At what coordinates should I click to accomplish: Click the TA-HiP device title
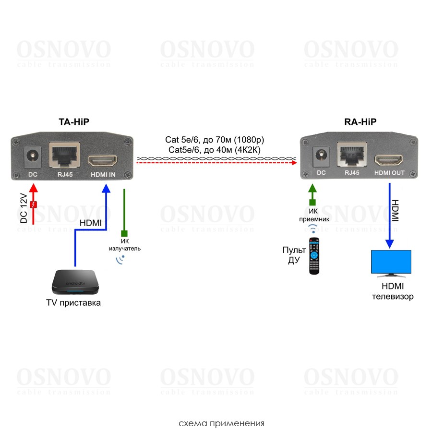pyautogui.click(x=74, y=122)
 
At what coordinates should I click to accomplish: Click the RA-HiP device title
pyautogui.click(x=360, y=122)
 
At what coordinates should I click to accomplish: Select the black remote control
pyautogui.click(x=314, y=256)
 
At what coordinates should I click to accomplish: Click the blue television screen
pyautogui.click(x=391, y=262)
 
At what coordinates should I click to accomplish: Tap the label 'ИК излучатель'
pyautogui.click(x=124, y=245)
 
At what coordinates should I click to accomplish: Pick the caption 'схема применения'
pyautogui.click(x=221, y=424)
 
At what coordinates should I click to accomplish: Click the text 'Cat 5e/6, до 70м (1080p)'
pyautogui.click(x=215, y=140)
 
